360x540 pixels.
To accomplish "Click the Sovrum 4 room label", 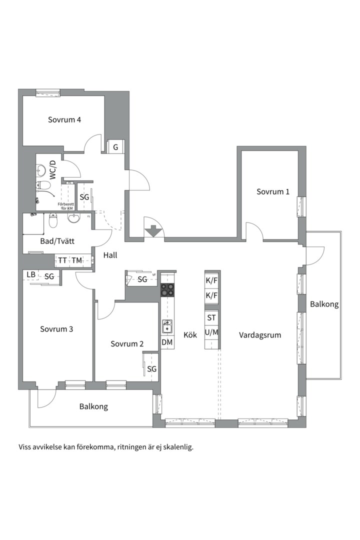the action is (x=64, y=120).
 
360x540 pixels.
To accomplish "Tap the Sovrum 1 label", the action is (x=273, y=192).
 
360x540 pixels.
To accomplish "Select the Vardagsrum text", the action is (x=260, y=335).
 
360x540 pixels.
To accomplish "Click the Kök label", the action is (x=190, y=334).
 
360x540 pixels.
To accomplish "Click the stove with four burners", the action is (x=167, y=289).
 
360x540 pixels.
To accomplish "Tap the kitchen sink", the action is (x=167, y=326).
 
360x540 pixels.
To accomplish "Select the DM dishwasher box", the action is (x=167, y=342).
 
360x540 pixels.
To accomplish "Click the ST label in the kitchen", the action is (x=211, y=317).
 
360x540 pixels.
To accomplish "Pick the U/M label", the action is (x=211, y=332).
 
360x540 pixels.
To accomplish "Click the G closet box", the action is (x=116, y=147).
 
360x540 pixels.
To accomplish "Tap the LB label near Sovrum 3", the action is (x=31, y=274).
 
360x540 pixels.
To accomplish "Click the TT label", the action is (x=62, y=260).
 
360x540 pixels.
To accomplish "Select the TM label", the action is (x=77, y=260).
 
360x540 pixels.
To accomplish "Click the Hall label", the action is (x=110, y=255).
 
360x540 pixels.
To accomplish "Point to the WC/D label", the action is (x=53, y=170).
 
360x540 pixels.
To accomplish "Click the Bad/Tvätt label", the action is (x=57, y=241).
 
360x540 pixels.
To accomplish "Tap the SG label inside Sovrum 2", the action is (x=152, y=369).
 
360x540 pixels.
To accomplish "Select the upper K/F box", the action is (x=212, y=280).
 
